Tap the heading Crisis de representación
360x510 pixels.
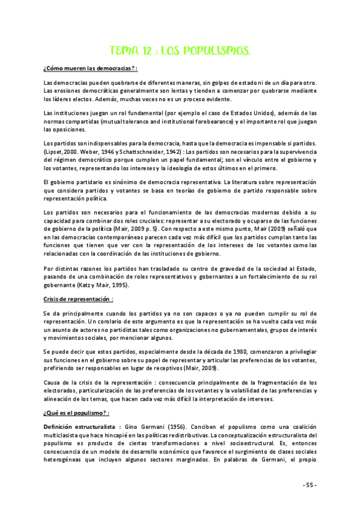pyautogui.click(x=78, y=299)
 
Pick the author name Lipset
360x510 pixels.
pyautogui.click(x=56, y=153)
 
